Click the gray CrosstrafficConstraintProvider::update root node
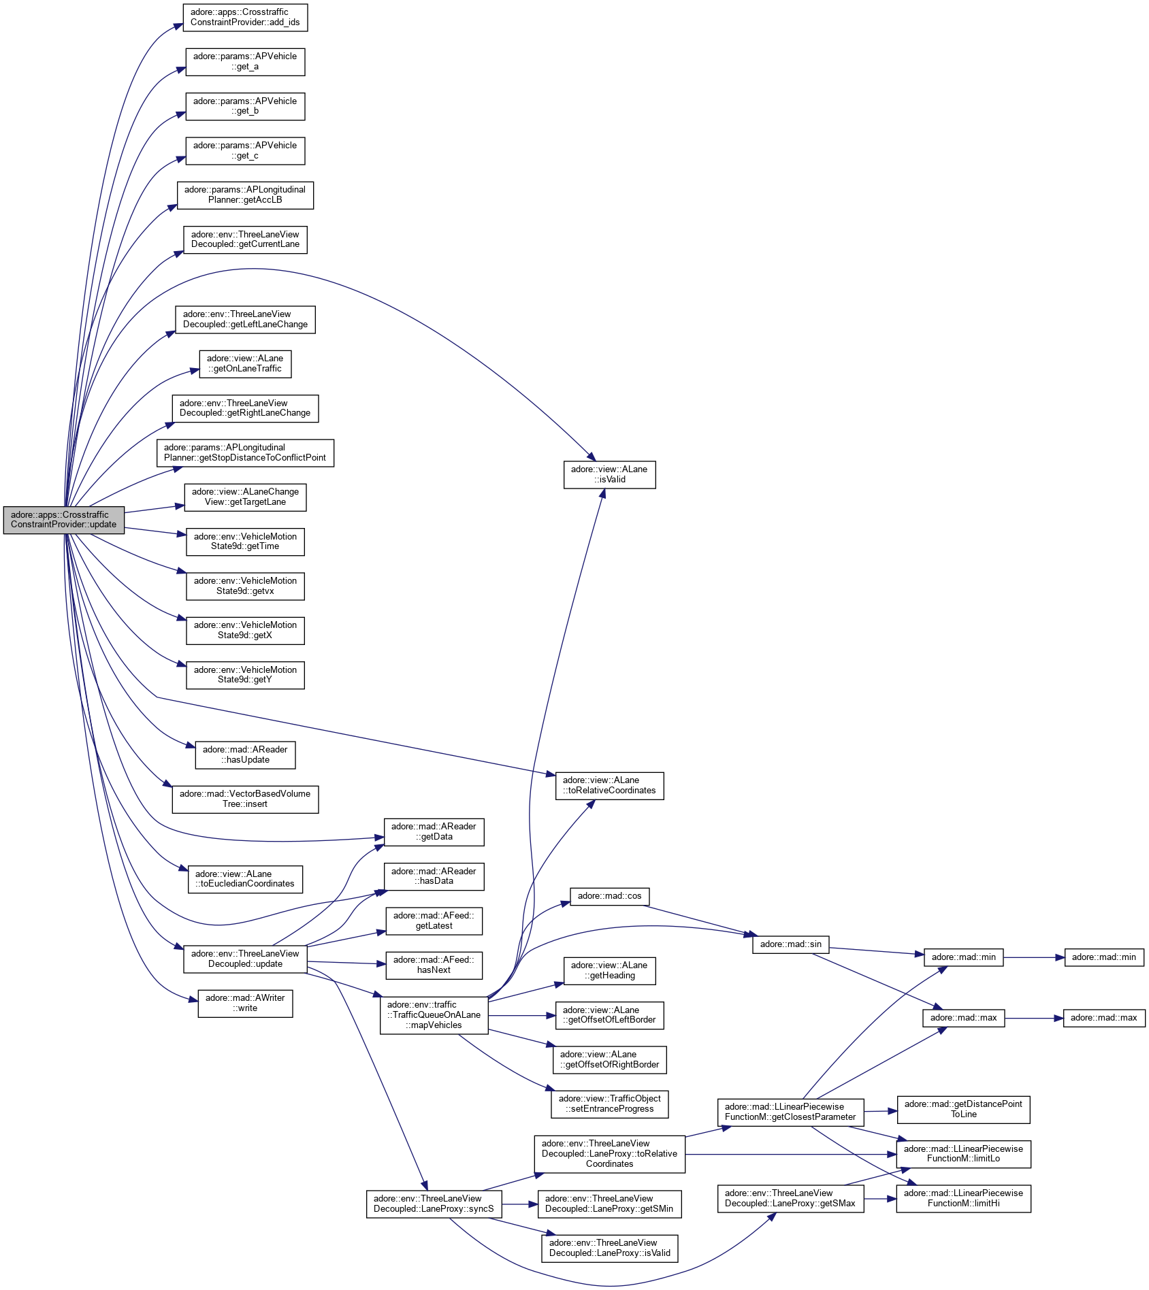64,520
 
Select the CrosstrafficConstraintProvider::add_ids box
245,18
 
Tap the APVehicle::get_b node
245,106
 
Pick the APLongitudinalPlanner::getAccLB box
245,195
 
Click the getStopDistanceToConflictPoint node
245,453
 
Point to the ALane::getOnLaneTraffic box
245,364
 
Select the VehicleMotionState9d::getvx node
245,586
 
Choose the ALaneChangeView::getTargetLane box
245,497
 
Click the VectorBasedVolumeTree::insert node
245,799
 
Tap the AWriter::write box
245,1004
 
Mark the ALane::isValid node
609,475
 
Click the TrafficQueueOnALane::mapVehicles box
434,1015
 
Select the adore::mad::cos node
609,896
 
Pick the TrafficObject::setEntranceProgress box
609,1104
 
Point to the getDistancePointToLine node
963,1110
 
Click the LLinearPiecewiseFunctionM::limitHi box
963,1199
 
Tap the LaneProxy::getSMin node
609,1204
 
